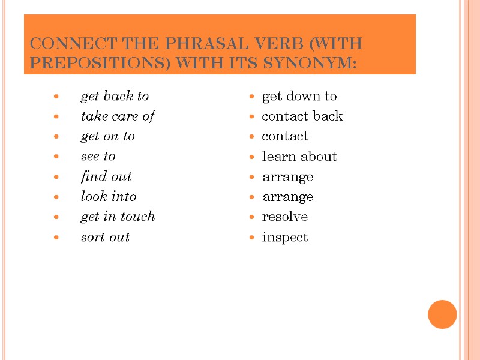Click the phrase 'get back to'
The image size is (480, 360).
tap(115, 96)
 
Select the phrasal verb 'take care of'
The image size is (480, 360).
tap(118, 116)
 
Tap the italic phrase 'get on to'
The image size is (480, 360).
tap(108, 136)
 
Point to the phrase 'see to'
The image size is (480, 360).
tap(98, 156)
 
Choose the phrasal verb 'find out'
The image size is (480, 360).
tap(106, 176)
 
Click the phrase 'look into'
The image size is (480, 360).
tap(109, 196)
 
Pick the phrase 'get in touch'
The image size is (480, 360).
tap(118, 216)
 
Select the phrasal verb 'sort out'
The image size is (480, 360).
tap(106, 237)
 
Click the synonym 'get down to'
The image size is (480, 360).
tap(299, 96)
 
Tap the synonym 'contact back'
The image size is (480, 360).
tap(302, 116)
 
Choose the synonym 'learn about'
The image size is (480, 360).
tap(299, 156)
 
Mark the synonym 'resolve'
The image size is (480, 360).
tap(285, 216)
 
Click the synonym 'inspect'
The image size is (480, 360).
tap(285, 237)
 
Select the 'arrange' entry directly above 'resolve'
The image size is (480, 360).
tap(288, 197)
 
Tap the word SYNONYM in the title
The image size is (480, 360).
tap(313, 62)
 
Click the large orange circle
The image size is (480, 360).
tap(443, 314)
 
